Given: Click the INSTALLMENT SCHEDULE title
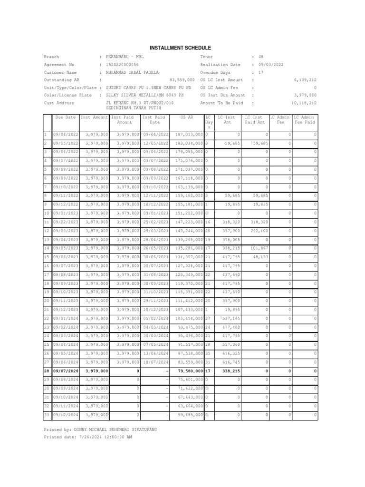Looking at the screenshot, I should [180, 48].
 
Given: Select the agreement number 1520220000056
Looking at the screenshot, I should [122, 64].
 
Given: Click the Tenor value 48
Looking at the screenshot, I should [261, 57].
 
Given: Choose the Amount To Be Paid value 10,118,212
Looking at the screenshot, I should [303, 103].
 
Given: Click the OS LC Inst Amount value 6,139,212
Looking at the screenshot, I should [305, 80].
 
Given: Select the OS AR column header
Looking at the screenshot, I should [187, 117].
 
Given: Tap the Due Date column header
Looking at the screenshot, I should [66, 117].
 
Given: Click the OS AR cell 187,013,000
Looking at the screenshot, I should [189, 135].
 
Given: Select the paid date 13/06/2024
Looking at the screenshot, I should [154, 353].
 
